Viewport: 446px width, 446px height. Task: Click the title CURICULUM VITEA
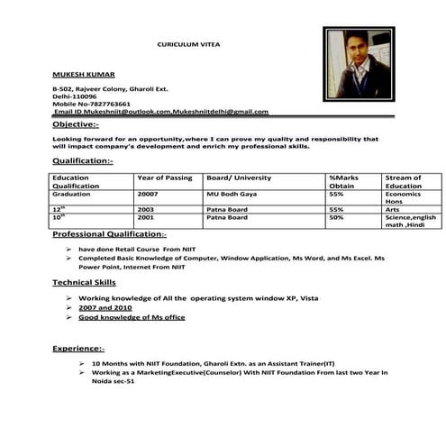[188, 44]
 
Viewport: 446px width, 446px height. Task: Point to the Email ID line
[160, 112]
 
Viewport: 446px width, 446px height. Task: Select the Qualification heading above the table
[82, 160]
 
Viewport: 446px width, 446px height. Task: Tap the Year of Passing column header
[165, 178]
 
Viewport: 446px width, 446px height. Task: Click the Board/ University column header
[239, 178]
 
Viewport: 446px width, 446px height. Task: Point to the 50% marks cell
[336, 217]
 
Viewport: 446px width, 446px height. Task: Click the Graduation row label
[73, 194]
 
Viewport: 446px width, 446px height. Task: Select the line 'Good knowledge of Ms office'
[132, 317]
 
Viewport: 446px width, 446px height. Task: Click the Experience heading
[78, 348]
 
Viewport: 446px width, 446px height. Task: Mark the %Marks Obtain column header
[346, 182]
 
